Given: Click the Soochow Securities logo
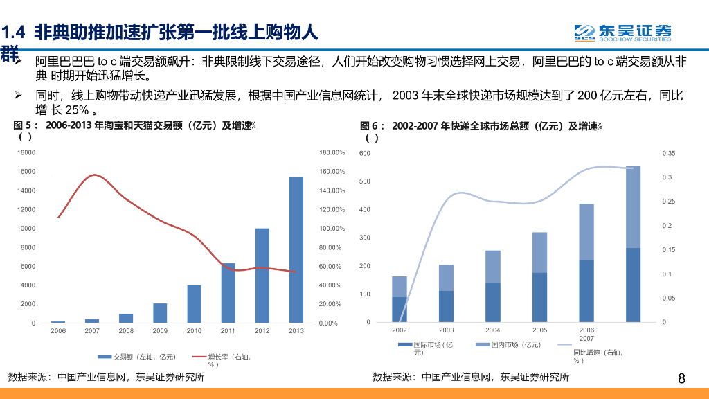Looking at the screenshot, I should tap(622, 32).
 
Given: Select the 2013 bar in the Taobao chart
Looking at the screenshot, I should tap(296, 250).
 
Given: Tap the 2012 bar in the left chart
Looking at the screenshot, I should tap(262, 275).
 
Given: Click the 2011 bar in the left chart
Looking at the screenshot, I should tap(228, 293).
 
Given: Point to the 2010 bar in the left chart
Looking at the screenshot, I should tap(194, 304).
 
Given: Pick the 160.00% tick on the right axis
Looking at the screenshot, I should tap(332, 171).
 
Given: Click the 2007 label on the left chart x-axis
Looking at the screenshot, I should tap(92, 331).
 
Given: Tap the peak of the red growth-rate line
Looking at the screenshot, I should tap(95, 175).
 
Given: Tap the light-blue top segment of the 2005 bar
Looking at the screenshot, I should tap(540, 252).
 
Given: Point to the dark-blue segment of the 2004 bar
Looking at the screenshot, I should tap(493, 303).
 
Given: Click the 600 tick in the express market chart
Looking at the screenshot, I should tap(365, 153).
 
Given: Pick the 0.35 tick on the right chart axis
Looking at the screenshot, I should tap(668, 153).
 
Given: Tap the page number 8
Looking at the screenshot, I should tap(681, 378).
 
